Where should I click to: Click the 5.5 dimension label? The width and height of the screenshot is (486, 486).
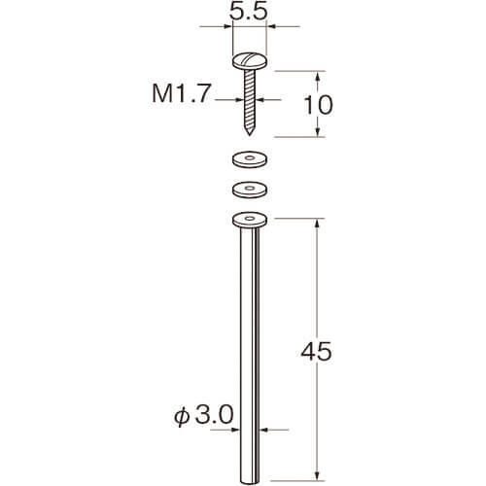(x=248, y=13)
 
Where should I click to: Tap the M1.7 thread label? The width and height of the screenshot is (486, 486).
(x=182, y=94)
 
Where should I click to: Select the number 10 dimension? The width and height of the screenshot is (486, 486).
(x=318, y=105)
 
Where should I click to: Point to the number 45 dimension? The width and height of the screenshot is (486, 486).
(x=316, y=352)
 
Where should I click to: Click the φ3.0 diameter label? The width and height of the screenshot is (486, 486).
(x=204, y=415)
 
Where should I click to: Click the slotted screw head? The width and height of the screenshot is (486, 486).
(x=250, y=61)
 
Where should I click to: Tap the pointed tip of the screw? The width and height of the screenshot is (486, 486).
(x=249, y=134)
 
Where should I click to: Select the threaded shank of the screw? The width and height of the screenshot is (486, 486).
(x=250, y=100)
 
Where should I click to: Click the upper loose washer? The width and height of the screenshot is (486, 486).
(x=250, y=159)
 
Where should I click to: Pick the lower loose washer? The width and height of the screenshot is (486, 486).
(x=250, y=190)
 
